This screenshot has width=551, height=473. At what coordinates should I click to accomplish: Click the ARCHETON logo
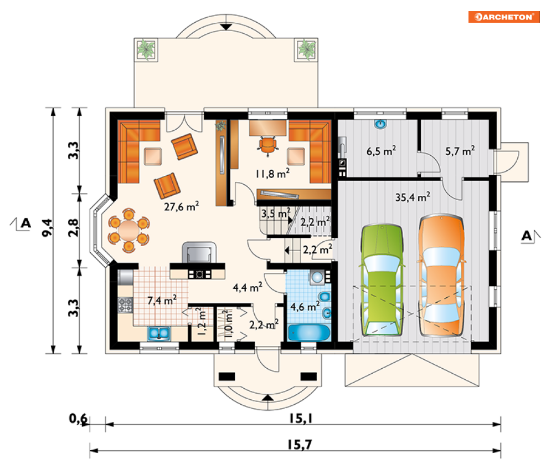tap(504, 17)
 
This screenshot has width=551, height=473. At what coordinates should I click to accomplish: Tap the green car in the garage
tap(382, 279)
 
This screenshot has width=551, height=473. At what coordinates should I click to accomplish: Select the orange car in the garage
tap(441, 275)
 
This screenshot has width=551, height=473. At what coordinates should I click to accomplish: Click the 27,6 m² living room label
tap(182, 206)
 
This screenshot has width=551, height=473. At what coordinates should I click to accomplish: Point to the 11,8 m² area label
tap(272, 173)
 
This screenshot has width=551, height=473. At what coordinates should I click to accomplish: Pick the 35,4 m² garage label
tap(413, 197)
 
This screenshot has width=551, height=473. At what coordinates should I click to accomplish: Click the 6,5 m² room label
tap(382, 151)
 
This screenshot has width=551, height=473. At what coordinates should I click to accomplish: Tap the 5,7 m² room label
tap(460, 151)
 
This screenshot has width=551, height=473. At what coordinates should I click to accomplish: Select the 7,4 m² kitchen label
tap(162, 300)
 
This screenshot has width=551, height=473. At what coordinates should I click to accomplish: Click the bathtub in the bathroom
tap(309, 333)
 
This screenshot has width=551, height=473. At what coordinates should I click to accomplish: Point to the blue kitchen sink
tap(159, 333)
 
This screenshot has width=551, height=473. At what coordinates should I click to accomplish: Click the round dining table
tap(129, 230)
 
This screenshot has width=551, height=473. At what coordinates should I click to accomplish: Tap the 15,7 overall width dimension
tap(300, 445)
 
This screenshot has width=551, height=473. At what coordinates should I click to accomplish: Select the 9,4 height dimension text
tap(48, 228)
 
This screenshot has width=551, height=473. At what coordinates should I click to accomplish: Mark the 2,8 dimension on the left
tap(74, 228)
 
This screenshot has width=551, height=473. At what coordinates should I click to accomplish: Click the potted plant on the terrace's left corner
tap(146, 49)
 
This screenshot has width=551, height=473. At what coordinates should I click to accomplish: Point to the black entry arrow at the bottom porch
tap(268, 398)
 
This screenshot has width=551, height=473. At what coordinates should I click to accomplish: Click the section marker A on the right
tap(527, 236)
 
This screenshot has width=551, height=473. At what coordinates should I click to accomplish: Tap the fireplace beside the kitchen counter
tap(199, 252)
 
